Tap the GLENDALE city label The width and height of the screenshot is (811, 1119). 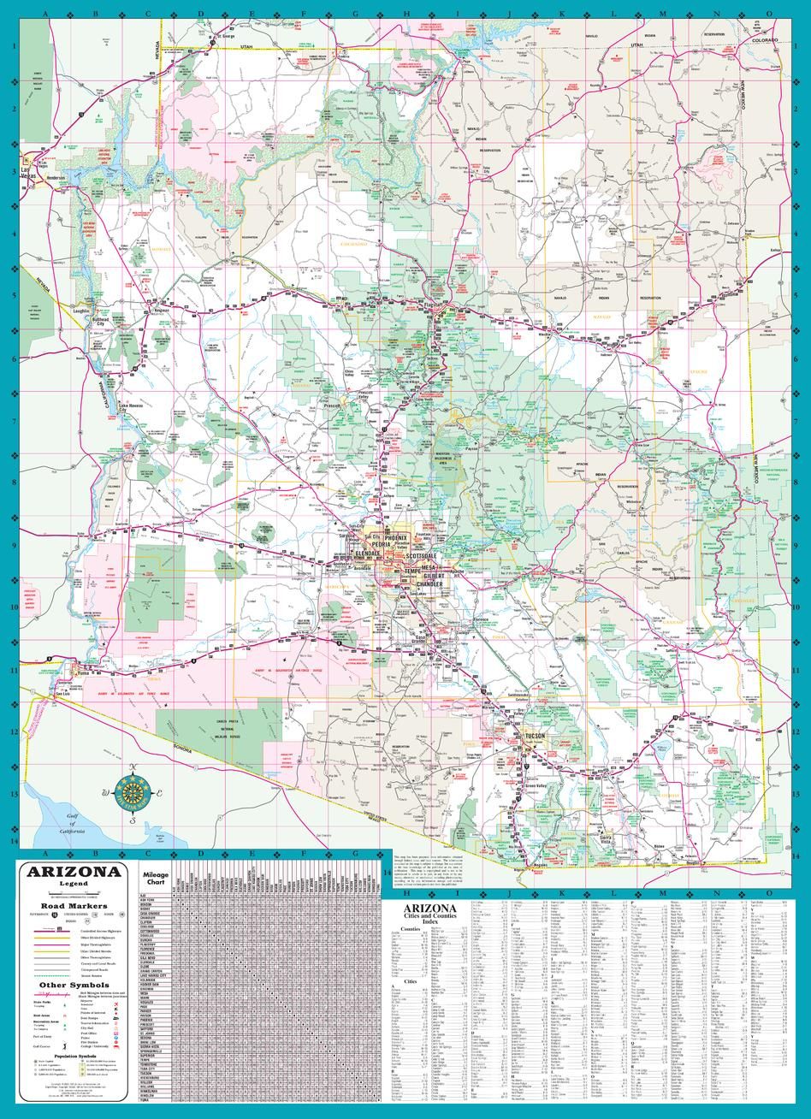[377, 554]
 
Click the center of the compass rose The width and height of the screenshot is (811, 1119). [133, 792]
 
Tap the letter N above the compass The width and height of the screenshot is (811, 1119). [133, 767]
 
